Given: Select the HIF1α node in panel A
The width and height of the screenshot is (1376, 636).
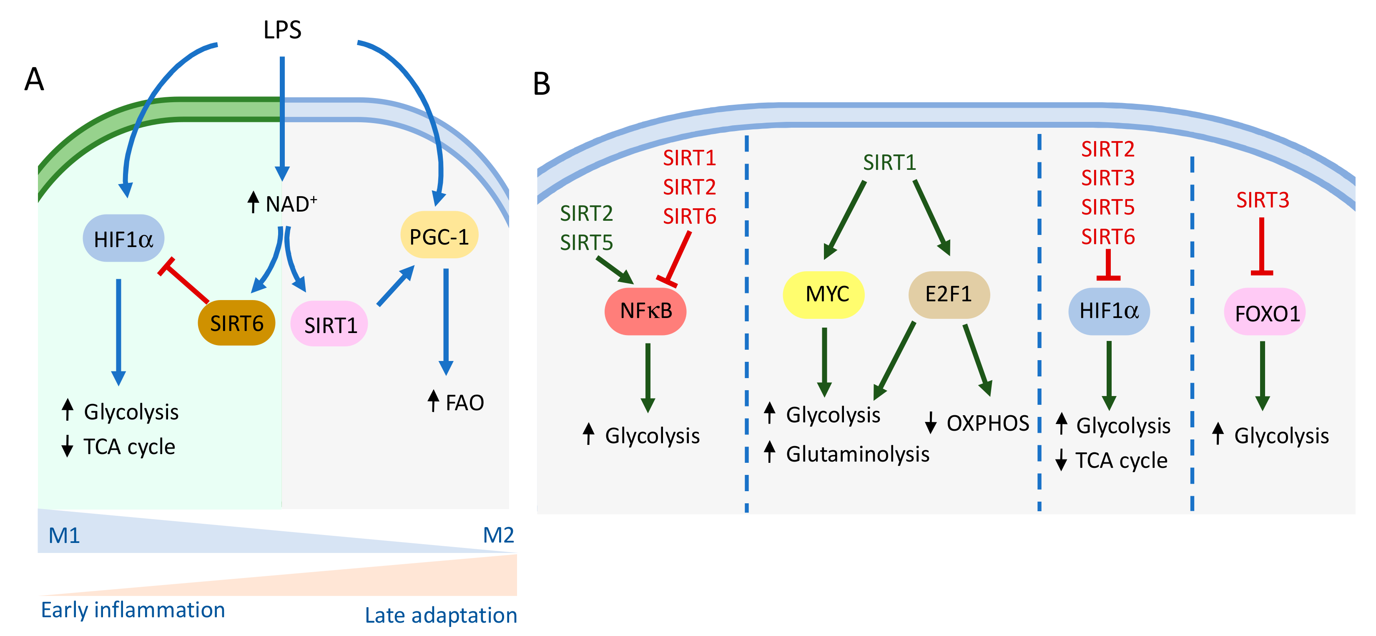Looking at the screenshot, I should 123,239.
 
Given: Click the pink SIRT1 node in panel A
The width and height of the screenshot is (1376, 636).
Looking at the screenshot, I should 329,324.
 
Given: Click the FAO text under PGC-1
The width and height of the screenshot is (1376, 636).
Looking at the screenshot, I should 464,402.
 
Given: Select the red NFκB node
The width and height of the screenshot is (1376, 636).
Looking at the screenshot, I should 645,311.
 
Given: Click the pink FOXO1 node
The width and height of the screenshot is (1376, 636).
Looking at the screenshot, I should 1266,313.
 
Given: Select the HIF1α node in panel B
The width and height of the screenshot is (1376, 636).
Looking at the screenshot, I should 1108,311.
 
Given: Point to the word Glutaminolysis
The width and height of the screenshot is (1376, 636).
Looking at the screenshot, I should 857,454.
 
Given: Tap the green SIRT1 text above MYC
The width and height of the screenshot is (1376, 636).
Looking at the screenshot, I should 889,162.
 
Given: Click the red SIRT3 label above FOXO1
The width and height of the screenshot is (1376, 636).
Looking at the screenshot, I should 1262,200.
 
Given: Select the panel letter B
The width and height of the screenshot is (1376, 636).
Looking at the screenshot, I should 542,84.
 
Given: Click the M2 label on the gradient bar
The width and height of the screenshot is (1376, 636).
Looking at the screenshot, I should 498,535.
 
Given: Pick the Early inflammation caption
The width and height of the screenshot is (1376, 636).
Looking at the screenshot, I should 133,610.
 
